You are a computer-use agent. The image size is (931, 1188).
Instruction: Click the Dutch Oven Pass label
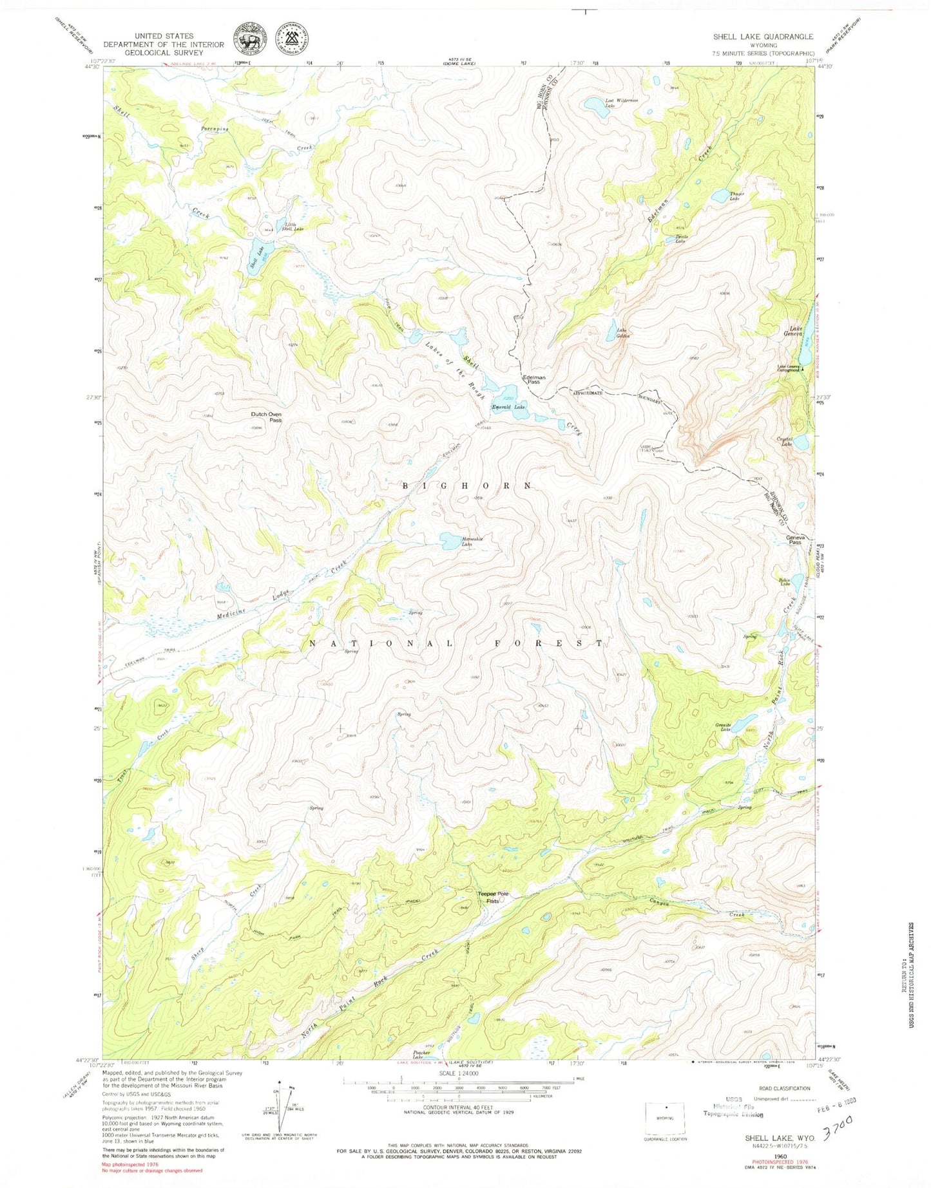click(266, 417)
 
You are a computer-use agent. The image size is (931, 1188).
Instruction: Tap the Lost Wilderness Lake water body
click(597, 108)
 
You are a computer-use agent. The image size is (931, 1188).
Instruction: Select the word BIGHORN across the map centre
click(467, 486)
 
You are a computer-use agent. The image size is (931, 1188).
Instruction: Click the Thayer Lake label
click(736, 196)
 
